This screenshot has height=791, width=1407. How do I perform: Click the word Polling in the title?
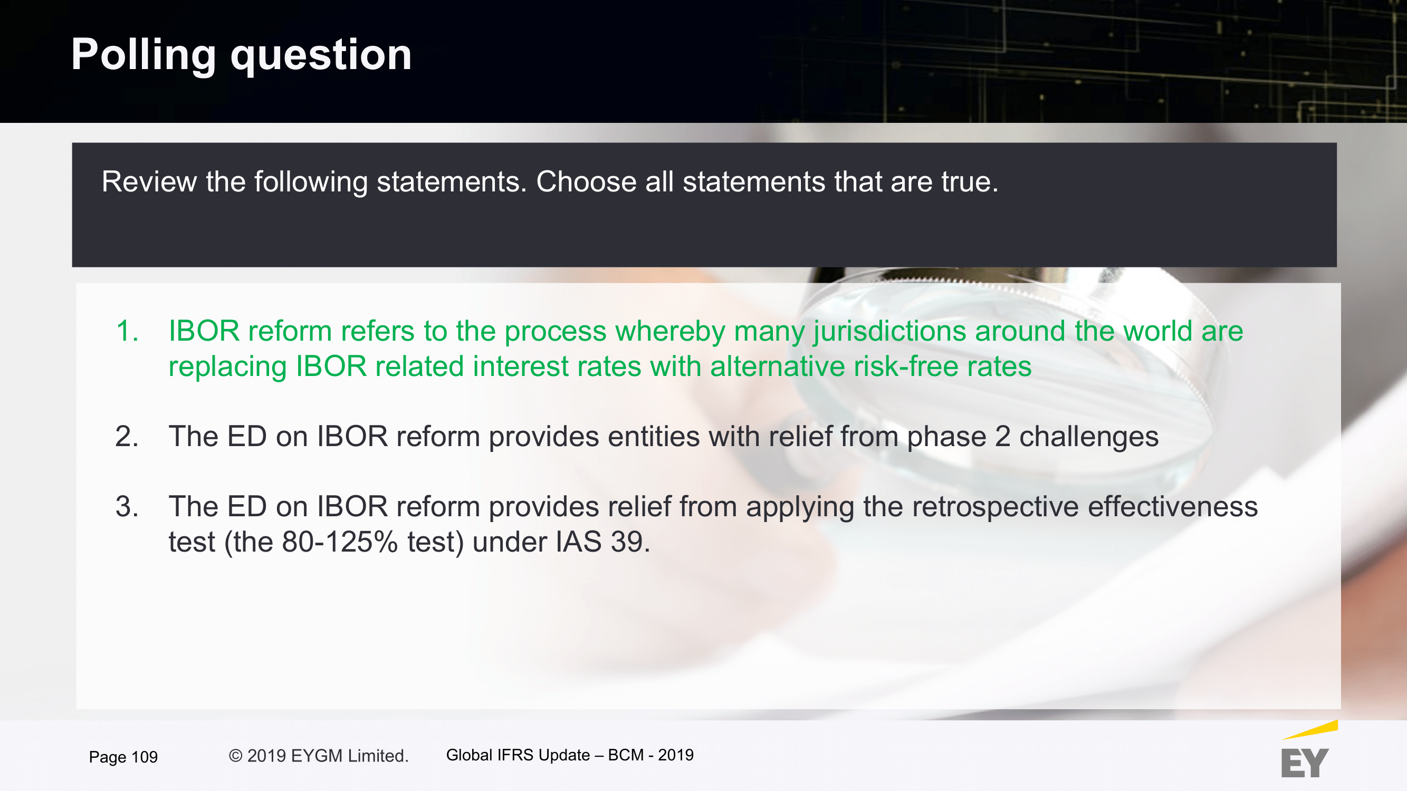coord(143,55)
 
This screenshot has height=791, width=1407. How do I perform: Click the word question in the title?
coord(321,56)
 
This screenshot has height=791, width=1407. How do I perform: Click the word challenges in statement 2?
coord(1088,437)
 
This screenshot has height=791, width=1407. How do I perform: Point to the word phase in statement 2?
coord(946,437)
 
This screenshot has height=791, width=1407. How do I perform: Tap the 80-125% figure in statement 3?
coord(340,542)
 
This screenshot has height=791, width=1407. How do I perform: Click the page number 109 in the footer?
coord(145,757)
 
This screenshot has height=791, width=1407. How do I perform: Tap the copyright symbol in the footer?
coord(235,756)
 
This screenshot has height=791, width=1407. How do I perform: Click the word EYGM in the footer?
coord(317,756)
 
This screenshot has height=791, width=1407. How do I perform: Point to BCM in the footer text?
coord(626,755)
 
